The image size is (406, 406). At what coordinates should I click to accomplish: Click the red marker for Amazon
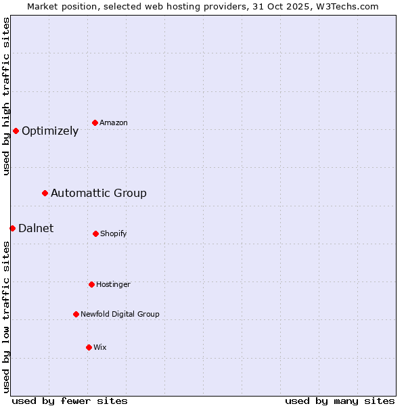pos(95,122)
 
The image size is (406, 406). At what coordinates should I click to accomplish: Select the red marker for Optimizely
pos(16,131)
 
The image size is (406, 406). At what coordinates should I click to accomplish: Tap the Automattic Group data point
pos(45,193)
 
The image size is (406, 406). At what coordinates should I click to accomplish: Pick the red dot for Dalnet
pos(12,228)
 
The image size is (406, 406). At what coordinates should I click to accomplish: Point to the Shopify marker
pos(95,233)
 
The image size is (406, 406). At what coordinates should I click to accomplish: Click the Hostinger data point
pos(91,284)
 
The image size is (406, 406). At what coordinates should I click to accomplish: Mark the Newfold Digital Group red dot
pos(76,314)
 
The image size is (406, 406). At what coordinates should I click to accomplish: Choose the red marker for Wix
pos(89,347)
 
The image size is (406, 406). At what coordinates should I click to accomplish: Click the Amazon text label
pos(114,122)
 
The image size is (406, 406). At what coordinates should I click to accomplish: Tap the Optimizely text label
pos(50,131)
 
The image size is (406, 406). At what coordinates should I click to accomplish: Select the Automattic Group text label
pos(99,194)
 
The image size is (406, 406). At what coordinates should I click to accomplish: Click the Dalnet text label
pos(36,229)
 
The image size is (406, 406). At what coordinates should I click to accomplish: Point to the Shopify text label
pos(114,233)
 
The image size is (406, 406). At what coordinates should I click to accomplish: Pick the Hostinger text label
pos(113,284)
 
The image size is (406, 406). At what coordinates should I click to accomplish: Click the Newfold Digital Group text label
pos(120,314)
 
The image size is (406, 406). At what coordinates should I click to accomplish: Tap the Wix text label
pos(100,347)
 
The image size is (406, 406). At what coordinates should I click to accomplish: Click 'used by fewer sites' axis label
pos(70,401)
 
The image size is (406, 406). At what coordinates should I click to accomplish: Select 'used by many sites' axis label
pos(340,401)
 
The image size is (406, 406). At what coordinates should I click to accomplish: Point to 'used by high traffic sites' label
pos(6,96)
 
